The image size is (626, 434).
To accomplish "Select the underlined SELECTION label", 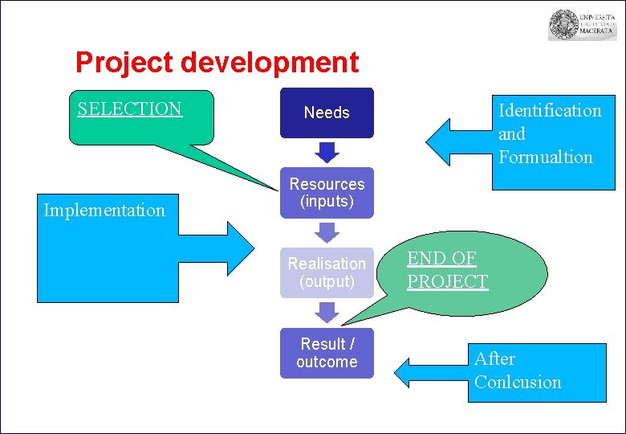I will (130, 108).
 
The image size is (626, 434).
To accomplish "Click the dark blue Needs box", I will (327, 113).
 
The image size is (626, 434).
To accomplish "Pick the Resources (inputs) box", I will (327, 193).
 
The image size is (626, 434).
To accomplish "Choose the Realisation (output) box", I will (327, 272).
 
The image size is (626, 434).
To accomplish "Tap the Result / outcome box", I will (327, 353).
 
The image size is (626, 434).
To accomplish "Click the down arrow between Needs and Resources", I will (327, 152).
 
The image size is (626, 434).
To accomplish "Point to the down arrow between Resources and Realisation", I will (327, 232).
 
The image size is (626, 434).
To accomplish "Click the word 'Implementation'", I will (104, 211).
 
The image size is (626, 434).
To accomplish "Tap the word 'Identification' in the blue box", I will (550, 110).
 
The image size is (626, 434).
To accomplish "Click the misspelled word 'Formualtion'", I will (546, 158).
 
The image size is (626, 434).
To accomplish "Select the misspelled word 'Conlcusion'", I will (518, 382).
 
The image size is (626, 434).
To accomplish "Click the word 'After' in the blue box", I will (494, 358).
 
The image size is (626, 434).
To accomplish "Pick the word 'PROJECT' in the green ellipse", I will (447, 281).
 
